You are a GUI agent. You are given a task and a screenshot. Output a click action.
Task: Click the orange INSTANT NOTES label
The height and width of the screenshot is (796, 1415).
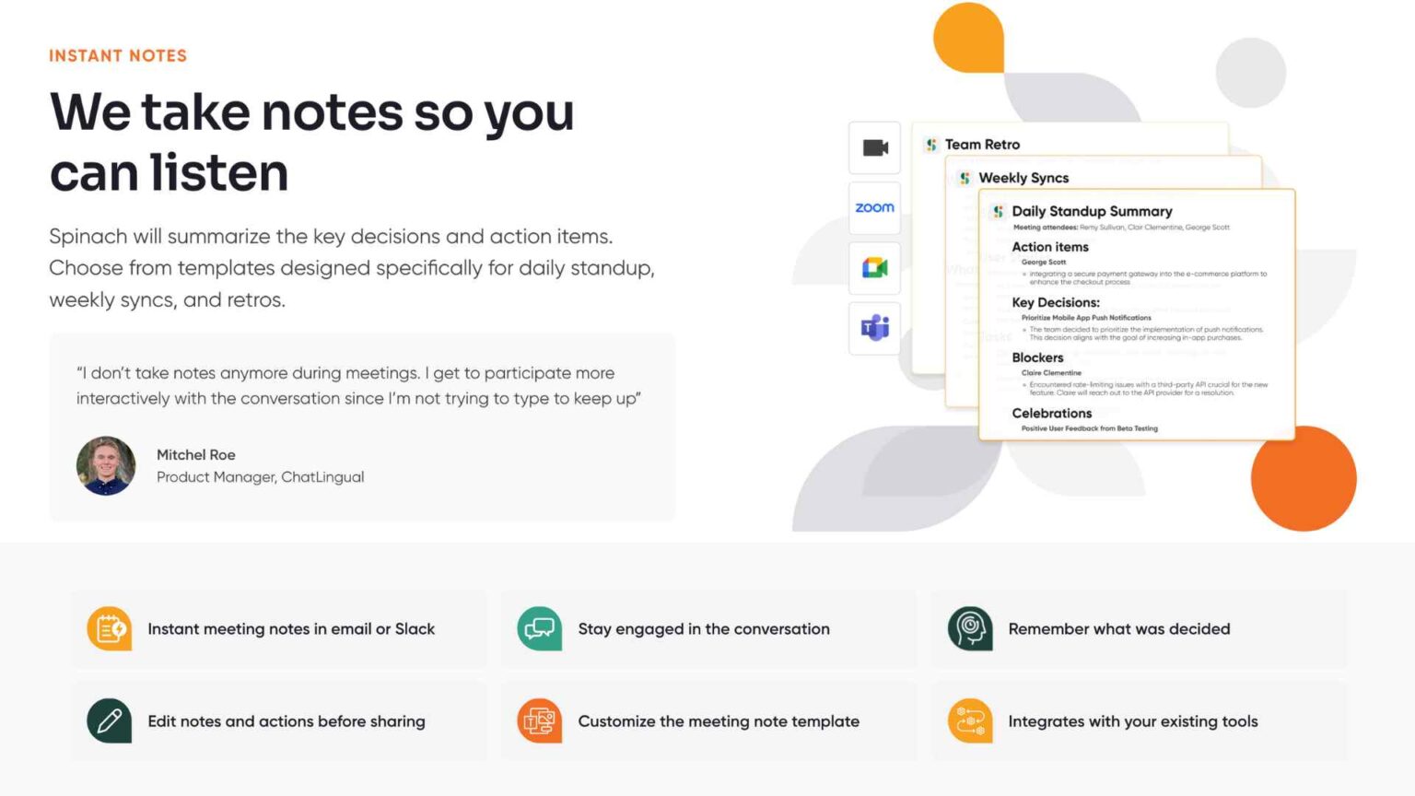point(118,56)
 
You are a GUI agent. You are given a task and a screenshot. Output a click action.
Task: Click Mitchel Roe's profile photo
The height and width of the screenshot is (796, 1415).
point(106,466)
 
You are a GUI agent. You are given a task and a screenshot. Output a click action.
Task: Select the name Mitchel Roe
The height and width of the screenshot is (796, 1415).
point(195,455)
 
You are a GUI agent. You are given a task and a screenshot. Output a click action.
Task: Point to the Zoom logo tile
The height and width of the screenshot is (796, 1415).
point(874,208)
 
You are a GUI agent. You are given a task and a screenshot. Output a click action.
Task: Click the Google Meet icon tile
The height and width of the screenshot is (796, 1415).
point(874,268)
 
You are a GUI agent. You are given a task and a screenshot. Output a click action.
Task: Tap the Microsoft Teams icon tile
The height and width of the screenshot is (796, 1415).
point(874,327)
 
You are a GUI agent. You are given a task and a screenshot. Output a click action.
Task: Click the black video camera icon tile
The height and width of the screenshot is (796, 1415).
point(874,148)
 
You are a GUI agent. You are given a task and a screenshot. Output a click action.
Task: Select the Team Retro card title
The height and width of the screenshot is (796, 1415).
point(982,145)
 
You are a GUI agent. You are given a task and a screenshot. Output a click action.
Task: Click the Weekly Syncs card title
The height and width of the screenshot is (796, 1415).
point(1023,178)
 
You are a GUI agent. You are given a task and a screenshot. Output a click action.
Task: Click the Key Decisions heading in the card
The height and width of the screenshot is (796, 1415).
point(1056,302)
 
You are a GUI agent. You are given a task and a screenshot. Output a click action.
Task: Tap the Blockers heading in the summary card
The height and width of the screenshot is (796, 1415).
point(1037,357)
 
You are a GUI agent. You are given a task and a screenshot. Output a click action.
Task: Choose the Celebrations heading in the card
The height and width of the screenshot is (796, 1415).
point(1051,414)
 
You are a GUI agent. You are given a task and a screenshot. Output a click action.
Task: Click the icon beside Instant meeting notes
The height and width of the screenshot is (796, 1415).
point(110,629)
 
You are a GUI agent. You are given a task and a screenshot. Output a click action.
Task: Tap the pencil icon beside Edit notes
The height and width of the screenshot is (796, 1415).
point(110,721)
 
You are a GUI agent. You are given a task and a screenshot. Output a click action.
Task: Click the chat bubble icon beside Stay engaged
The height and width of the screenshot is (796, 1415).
point(540,629)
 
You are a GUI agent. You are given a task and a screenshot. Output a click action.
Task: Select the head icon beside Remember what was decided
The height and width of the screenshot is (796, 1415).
point(970,629)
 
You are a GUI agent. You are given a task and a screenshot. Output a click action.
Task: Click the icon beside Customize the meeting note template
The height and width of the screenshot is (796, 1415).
point(540,721)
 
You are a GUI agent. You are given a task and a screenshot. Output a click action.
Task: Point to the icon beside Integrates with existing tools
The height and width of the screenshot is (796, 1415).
point(970,721)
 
